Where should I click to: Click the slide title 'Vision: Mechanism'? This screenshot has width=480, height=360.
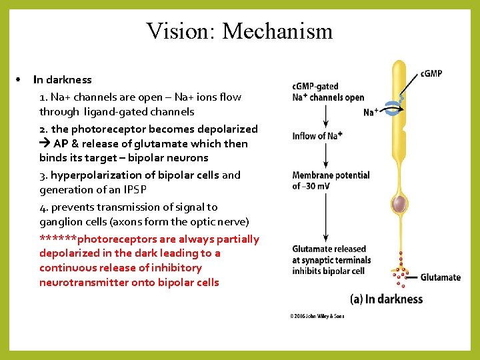(x=239, y=31)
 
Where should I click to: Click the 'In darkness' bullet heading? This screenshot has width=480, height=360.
(x=63, y=80)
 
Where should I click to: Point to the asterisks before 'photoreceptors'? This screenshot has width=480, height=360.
(x=58, y=239)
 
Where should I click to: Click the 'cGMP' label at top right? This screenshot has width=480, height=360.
(x=431, y=73)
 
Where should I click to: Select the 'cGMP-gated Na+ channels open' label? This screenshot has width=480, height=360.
(x=328, y=92)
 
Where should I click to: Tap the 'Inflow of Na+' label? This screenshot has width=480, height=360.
(x=317, y=136)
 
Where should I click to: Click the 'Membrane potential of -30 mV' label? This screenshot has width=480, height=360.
(x=331, y=180)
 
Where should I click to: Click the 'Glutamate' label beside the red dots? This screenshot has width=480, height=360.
(x=440, y=277)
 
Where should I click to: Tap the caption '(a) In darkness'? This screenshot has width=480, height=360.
(x=387, y=299)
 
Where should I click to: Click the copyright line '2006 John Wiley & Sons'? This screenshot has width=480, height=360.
(x=317, y=315)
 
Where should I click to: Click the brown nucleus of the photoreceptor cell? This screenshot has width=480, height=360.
(x=399, y=204)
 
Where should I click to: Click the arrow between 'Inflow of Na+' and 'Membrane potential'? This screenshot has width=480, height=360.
(x=325, y=155)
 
